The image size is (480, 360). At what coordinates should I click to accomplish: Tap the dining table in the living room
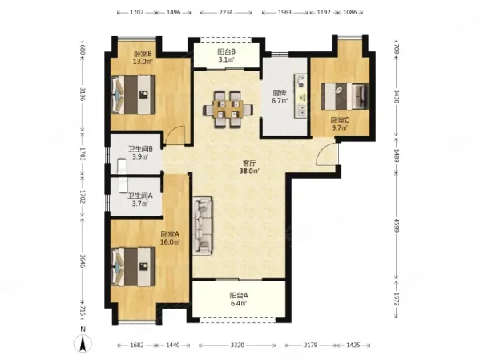tap(228, 109)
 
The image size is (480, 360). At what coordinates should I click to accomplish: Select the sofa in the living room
tap(203, 225)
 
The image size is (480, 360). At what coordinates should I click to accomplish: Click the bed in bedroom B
tap(133, 95)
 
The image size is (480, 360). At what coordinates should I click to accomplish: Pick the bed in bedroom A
tap(133, 266)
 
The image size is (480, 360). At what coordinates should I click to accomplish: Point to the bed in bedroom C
tap(345, 96)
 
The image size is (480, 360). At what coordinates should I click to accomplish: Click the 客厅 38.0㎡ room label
tap(250, 168)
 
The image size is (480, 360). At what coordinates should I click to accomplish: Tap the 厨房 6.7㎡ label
tap(280, 97)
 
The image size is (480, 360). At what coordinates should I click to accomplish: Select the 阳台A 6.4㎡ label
tap(239, 299)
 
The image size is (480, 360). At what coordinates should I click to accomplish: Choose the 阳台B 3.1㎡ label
tap(227, 55)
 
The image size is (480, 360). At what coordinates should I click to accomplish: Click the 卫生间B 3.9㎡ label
tap(140, 153)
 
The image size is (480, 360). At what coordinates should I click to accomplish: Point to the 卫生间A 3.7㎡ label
tap(140, 200)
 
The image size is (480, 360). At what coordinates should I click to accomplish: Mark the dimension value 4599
tap(397, 225)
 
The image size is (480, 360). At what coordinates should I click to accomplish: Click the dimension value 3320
tap(237, 346)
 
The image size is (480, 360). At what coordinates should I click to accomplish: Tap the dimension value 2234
tap(226, 13)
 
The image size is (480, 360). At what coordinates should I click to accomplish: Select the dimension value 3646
tap(83, 261)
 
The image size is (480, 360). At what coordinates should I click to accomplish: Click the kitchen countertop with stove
tap(301, 95)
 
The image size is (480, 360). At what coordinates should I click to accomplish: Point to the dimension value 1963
tap(284, 13)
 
